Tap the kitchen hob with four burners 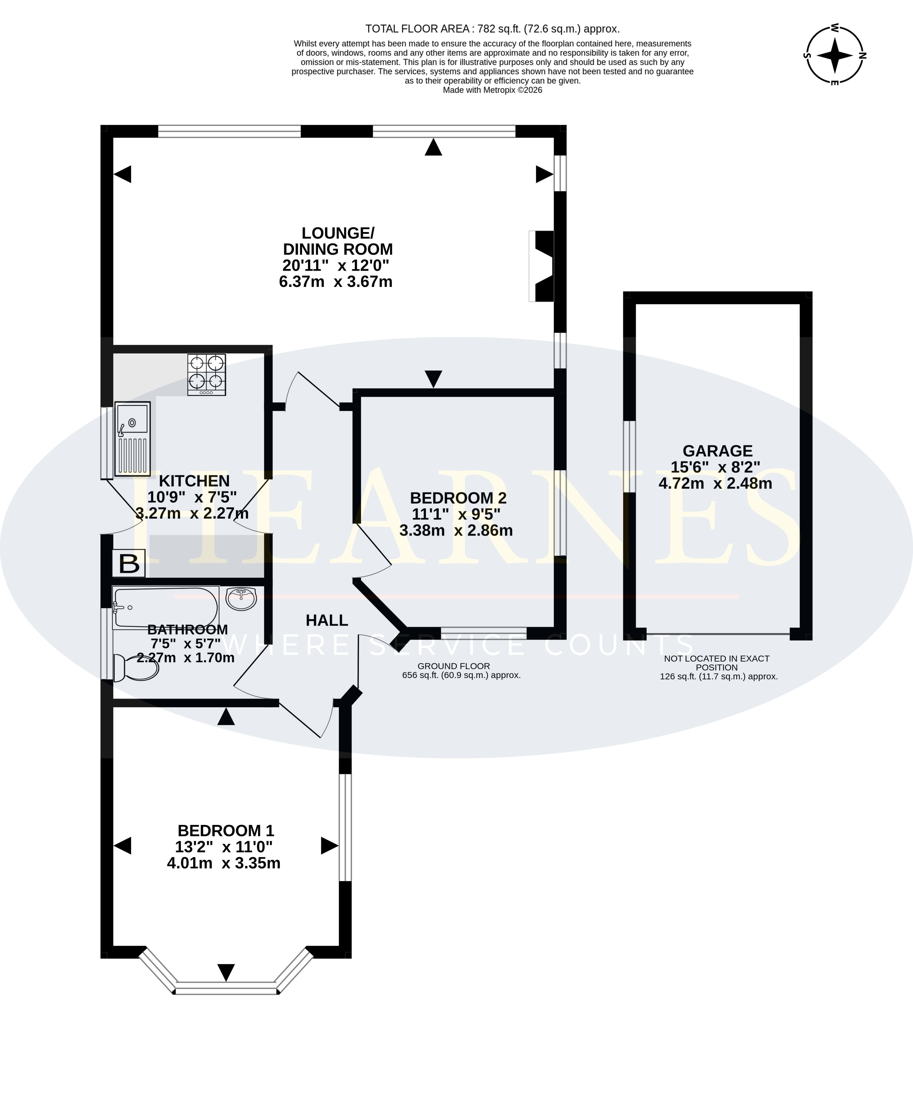coord(207,374)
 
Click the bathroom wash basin coord(241,598)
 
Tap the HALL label coord(327,621)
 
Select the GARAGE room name coord(718,451)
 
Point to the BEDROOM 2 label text coord(458,498)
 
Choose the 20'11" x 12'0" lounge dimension coord(336,266)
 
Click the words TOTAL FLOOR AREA coord(419,29)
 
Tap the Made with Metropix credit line coord(492,90)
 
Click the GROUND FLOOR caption coord(454,666)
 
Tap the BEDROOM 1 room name coord(226,831)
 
